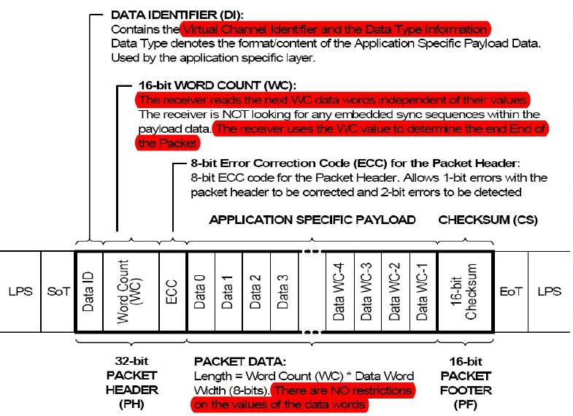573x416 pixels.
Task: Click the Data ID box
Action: (x=88, y=291)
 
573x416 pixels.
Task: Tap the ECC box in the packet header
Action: (x=173, y=291)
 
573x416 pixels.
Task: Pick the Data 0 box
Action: (x=201, y=291)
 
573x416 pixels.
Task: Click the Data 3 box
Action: (x=284, y=291)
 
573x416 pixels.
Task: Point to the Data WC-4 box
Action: (x=339, y=291)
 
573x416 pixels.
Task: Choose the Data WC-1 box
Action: (x=423, y=291)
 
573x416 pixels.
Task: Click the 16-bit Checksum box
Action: (x=465, y=291)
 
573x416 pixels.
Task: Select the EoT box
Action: (x=509, y=291)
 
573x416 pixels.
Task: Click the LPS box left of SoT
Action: (x=20, y=291)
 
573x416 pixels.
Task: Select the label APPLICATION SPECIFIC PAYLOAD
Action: (x=312, y=220)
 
